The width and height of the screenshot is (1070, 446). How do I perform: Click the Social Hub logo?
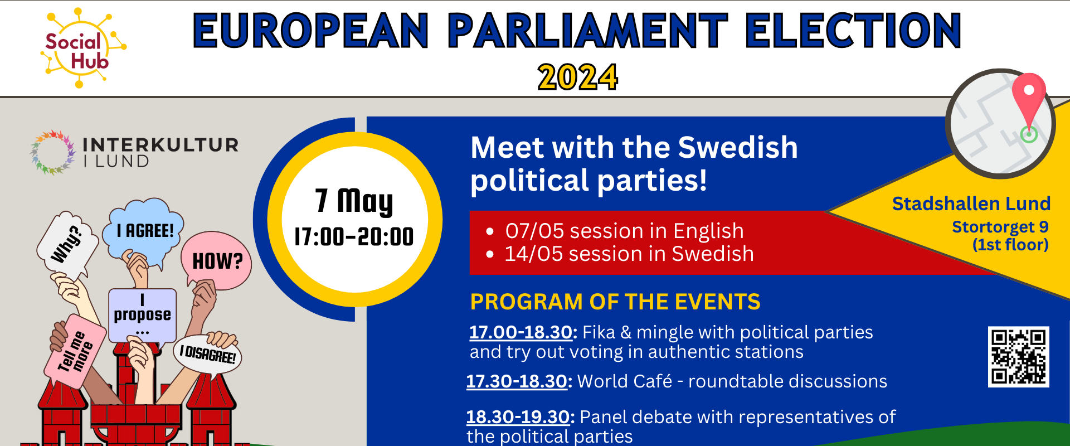point(83,48)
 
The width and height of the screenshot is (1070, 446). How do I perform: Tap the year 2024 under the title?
point(578,77)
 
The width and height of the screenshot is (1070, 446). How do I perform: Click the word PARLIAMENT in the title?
point(587,31)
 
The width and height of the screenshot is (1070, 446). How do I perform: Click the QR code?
point(1019,357)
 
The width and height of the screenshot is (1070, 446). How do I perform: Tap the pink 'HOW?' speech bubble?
point(216,261)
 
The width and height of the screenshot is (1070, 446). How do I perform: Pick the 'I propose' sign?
point(143,316)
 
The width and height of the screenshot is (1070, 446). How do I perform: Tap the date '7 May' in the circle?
point(354,201)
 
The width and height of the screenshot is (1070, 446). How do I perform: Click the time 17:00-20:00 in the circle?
point(354,237)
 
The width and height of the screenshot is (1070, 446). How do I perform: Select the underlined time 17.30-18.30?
point(517,381)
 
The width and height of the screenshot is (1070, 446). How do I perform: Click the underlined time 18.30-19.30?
point(518,417)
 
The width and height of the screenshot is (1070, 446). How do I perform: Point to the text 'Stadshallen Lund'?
point(971,204)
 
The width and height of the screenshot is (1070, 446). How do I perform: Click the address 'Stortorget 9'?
point(1000,227)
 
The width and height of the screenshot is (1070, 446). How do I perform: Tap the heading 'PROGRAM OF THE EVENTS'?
point(615,302)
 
